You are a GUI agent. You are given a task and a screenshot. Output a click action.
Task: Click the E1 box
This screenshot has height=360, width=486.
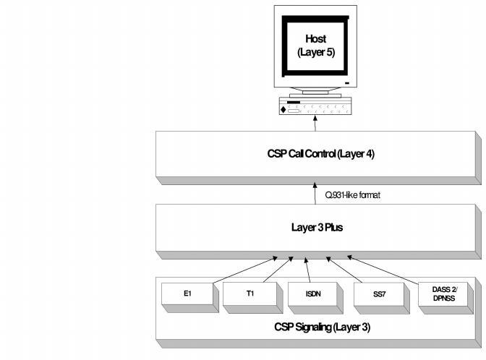pos(187,294)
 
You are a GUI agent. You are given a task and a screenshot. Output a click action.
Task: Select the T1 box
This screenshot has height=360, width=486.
pos(249,293)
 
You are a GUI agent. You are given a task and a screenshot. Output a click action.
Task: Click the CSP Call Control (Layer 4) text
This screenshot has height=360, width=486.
pos(316,153)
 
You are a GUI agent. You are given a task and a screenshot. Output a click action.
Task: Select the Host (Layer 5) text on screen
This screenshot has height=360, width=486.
pos(315,47)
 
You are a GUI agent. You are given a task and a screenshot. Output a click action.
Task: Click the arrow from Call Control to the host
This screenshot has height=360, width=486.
pos(315,124)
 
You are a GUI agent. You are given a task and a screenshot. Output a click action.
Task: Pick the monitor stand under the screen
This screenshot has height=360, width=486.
pos(315,93)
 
